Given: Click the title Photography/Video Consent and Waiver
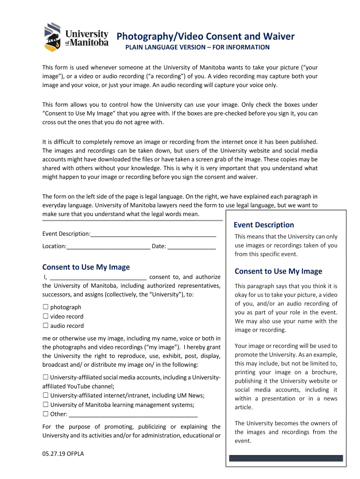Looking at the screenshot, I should click(205, 36).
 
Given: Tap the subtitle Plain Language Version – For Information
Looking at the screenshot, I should click(196, 47).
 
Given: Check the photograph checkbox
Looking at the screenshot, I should click(46, 307).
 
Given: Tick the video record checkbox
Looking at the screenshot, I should click(46, 316).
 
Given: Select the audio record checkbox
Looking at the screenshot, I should click(46, 326).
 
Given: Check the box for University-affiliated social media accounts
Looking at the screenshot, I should click(46, 377).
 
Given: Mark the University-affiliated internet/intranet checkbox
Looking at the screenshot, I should click(46, 395).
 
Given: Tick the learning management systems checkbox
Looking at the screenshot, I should click(46, 405).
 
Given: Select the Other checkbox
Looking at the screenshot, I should click(46, 414).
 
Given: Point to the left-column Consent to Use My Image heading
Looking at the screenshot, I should click(86, 267).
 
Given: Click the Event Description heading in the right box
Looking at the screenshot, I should click(264, 225).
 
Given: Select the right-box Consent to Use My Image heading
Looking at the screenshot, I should click(278, 271).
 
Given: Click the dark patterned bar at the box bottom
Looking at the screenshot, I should click(286, 458).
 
